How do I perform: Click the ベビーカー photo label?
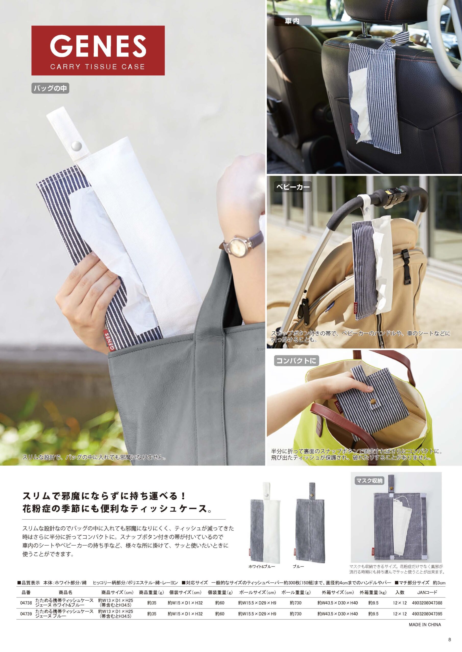point(293,187)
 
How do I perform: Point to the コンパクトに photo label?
point(296,361)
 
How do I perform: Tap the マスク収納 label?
point(369,481)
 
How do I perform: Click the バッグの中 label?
point(50,88)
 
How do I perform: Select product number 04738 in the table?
point(26,603)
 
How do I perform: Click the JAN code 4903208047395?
point(427,613)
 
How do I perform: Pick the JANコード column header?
point(427,592)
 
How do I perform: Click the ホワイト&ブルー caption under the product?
point(261,566)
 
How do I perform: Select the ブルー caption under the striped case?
point(298,566)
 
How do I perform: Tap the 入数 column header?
point(400,592)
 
